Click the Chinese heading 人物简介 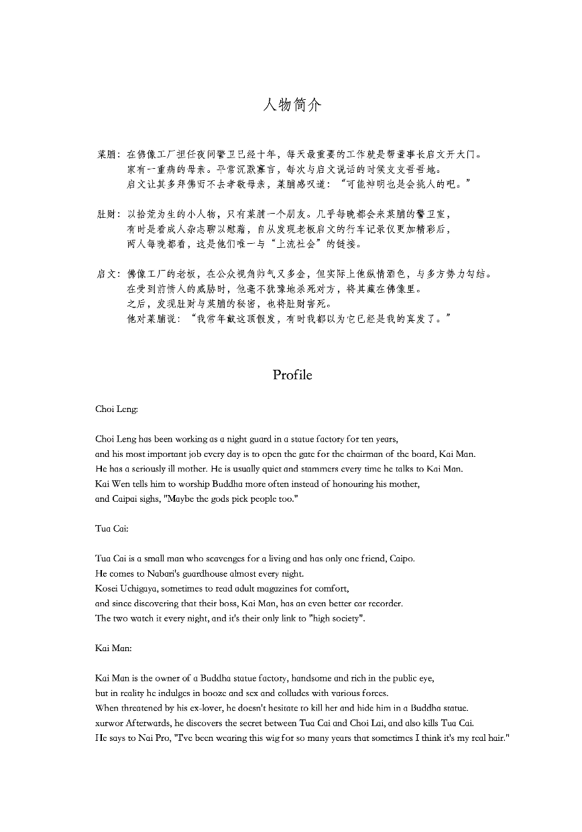pyautogui.click(x=292, y=105)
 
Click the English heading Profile pyautogui.click(x=292, y=375)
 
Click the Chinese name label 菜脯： pyautogui.click(x=109, y=155)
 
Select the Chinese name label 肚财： pyautogui.click(x=109, y=214)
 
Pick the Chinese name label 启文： pyautogui.click(x=109, y=274)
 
